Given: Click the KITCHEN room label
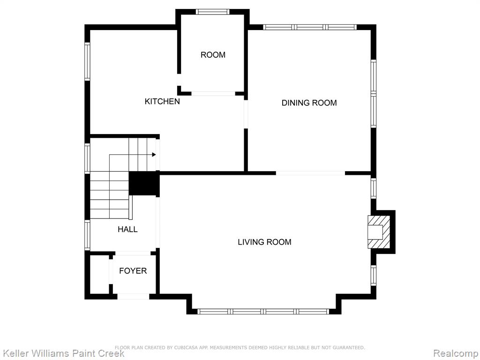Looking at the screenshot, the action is click(x=162, y=101).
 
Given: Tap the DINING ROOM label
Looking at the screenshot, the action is click(x=309, y=103).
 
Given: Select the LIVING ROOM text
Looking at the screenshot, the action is click(x=264, y=242).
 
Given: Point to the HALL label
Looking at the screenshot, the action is click(x=127, y=229).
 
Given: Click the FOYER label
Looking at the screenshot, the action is click(x=133, y=271).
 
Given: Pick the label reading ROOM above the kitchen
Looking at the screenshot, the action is click(x=213, y=55).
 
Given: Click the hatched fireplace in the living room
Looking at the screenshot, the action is click(x=379, y=232).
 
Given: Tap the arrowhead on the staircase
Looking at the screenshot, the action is click(x=154, y=155).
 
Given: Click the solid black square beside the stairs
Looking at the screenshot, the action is click(x=144, y=184).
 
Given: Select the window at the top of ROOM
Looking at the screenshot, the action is click(x=212, y=12).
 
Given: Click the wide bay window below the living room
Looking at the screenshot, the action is click(x=263, y=312).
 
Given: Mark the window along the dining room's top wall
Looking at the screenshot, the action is click(x=310, y=27).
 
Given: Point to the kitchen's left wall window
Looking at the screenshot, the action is click(x=87, y=62).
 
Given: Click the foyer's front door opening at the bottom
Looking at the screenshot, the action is click(x=133, y=296).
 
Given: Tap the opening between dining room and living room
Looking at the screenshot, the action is click(x=310, y=173).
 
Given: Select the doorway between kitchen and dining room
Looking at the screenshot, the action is click(x=246, y=113).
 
